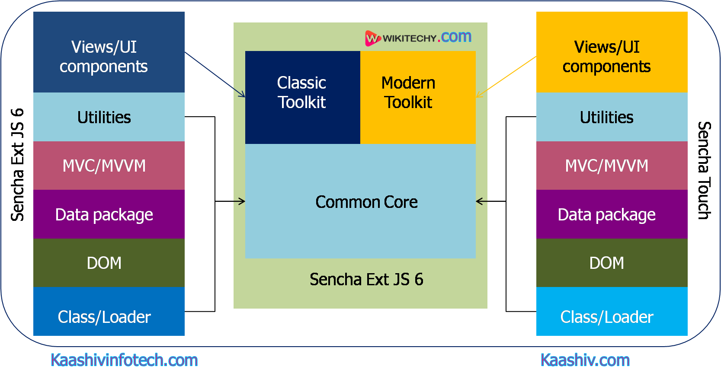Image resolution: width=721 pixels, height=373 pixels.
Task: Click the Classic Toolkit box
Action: click(x=302, y=97)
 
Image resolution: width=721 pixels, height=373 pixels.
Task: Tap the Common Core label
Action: click(x=366, y=202)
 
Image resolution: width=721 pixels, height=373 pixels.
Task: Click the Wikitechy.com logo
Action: click(x=418, y=38)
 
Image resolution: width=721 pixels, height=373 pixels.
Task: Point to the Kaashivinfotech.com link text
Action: click(x=124, y=360)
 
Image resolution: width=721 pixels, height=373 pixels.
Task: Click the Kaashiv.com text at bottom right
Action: click(x=585, y=360)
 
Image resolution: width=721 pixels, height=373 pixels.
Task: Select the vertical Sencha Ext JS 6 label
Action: click(x=17, y=165)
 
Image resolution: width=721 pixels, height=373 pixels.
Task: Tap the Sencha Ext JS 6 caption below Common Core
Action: click(x=366, y=279)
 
